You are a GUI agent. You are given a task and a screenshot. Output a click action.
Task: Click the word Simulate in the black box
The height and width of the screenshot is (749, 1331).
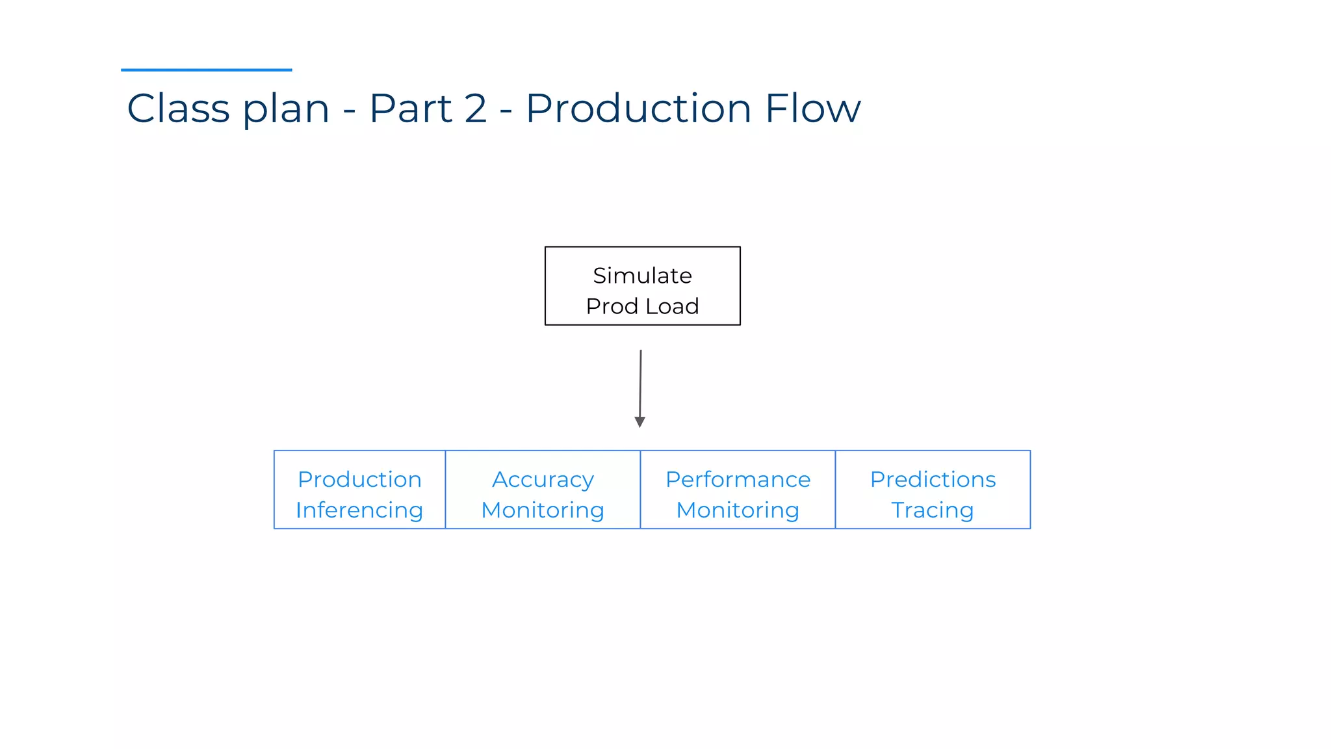point(642,276)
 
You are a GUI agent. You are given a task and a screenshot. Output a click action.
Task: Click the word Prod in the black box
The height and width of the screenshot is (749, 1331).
point(612,306)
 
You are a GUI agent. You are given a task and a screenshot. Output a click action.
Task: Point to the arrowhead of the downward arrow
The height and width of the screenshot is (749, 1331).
point(640,422)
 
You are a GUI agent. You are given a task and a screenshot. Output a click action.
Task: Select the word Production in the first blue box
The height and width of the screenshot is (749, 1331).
point(359,480)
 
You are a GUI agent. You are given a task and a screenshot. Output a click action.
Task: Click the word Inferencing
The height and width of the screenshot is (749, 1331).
point(359,510)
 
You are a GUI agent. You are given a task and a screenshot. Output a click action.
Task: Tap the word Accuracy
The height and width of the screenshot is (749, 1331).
point(543,480)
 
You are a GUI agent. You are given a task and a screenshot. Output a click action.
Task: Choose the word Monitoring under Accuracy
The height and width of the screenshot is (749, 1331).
point(543,510)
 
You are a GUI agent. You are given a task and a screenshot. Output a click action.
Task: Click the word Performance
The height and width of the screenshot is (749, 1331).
point(738,480)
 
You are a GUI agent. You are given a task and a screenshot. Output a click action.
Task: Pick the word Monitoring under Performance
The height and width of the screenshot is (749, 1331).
point(738,510)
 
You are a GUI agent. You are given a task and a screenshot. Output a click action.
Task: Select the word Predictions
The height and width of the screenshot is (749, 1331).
point(933,480)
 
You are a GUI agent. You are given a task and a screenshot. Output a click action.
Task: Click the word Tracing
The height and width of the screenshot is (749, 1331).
point(933,510)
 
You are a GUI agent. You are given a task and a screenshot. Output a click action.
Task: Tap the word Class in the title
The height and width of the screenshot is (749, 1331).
point(178,108)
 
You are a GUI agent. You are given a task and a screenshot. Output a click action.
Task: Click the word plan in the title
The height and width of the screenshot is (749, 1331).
point(286,109)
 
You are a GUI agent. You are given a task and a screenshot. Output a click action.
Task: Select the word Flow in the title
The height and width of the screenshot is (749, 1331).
point(812,108)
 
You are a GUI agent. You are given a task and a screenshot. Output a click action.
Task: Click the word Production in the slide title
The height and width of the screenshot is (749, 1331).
point(638,108)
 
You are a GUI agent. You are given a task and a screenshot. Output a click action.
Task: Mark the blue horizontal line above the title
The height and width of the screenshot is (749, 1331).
point(206,70)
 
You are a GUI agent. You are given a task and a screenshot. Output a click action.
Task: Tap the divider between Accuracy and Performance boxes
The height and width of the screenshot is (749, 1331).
point(640,490)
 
